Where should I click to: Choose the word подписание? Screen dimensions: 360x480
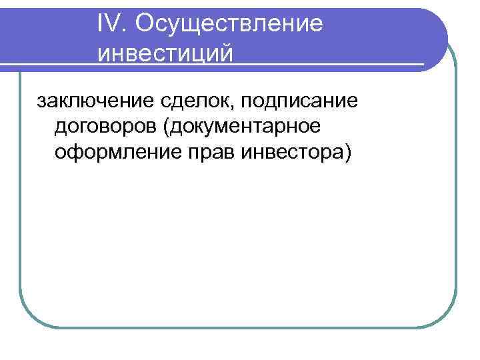pyautogui.click(x=299, y=103)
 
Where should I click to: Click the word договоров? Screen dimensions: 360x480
pyautogui.click(x=101, y=127)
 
